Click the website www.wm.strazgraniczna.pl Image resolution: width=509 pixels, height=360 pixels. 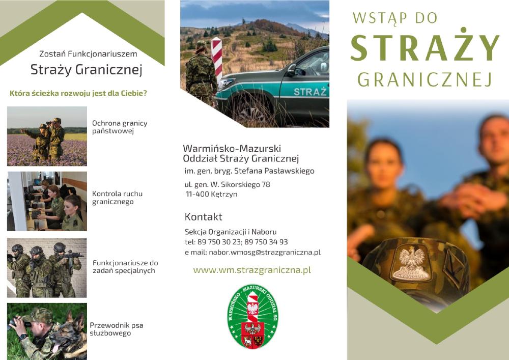click(252, 270)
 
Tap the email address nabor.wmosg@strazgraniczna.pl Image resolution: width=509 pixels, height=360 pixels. click(265, 252)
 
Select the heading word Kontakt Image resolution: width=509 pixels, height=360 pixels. click(204, 216)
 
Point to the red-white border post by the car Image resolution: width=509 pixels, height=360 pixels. click(216, 60)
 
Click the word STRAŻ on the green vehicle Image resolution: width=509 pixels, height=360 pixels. click(310, 92)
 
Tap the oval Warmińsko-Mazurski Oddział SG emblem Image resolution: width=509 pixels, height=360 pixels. click(253, 317)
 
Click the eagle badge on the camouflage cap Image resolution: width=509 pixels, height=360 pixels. click(412, 262)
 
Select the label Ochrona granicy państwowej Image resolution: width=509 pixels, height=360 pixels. click(120, 127)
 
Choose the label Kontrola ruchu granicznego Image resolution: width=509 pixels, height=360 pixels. click(117, 198)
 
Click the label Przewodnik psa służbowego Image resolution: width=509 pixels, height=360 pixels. click(116, 329)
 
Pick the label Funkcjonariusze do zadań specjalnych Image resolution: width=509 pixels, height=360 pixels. click(125, 266)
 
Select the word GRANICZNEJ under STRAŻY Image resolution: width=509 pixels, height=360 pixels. click(425, 79)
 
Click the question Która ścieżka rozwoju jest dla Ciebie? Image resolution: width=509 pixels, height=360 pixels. click(78, 94)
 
